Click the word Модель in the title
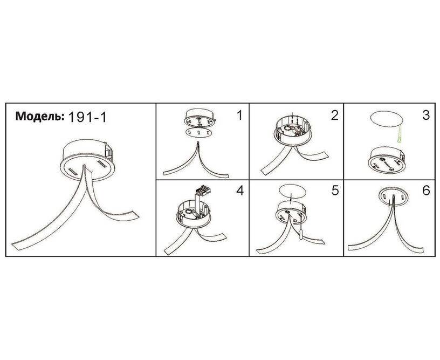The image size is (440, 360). pos(38,116)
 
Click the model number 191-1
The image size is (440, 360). pos(87,117)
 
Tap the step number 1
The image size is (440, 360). pos(239,115)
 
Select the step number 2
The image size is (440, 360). pos(334,115)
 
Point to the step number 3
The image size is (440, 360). pos(426,115)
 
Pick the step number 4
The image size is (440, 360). pos(240,191)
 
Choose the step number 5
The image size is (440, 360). pos(335,191)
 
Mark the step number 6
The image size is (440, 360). pos(426,191)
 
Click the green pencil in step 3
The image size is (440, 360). pos(399,134)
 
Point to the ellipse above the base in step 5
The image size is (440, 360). pos(292,192)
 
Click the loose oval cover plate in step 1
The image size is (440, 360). pos(198,132)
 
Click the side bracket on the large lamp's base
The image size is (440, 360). pos(109,152)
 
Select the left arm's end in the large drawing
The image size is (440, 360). pos(16,246)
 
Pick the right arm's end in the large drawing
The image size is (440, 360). pos(134,215)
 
